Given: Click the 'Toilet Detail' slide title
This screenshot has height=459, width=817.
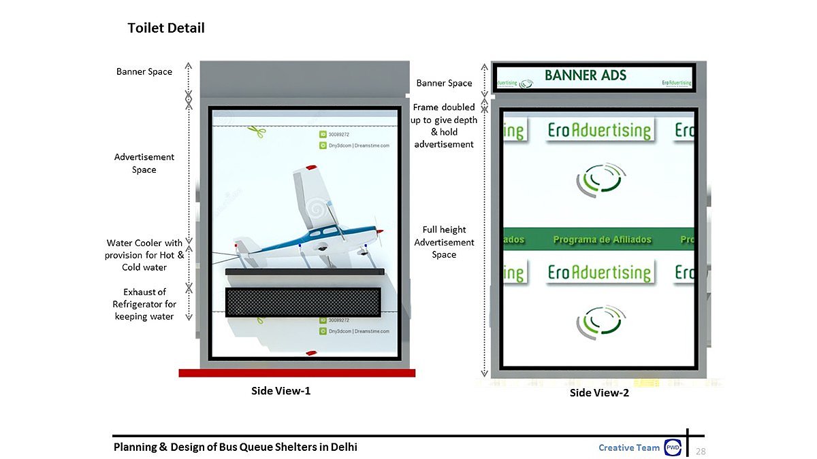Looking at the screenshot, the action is click(x=166, y=28).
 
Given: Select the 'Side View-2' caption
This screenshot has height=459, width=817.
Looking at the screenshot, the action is click(x=599, y=392).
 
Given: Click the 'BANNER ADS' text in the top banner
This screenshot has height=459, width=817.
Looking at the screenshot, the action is click(x=586, y=75).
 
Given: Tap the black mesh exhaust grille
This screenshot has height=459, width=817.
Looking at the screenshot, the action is click(x=303, y=301).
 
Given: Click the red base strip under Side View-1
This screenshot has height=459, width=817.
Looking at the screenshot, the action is click(x=297, y=373).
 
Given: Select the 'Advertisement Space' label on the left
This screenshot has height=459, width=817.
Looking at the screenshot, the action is click(x=144, y=163).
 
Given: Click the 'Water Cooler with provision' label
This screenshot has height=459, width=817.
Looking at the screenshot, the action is click(x=144, y=255).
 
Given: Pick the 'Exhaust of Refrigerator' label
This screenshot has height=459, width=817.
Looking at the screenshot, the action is click(x=144, y=304).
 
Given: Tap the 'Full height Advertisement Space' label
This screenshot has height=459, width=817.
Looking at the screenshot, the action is click(x=444, y=242).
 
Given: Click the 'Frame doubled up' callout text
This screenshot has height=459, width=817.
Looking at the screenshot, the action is click(x=444, y=125).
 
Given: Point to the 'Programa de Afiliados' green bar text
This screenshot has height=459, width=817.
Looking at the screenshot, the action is click(x=602, y=239).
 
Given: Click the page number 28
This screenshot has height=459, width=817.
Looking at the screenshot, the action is click(x=701, y=452).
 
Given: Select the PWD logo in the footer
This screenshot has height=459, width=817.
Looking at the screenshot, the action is click(x=673, y=447).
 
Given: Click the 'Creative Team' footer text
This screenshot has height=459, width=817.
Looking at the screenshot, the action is click(x=629, y=447).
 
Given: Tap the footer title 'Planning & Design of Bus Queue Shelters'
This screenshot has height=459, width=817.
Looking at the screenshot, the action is click(x=235, y=447).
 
